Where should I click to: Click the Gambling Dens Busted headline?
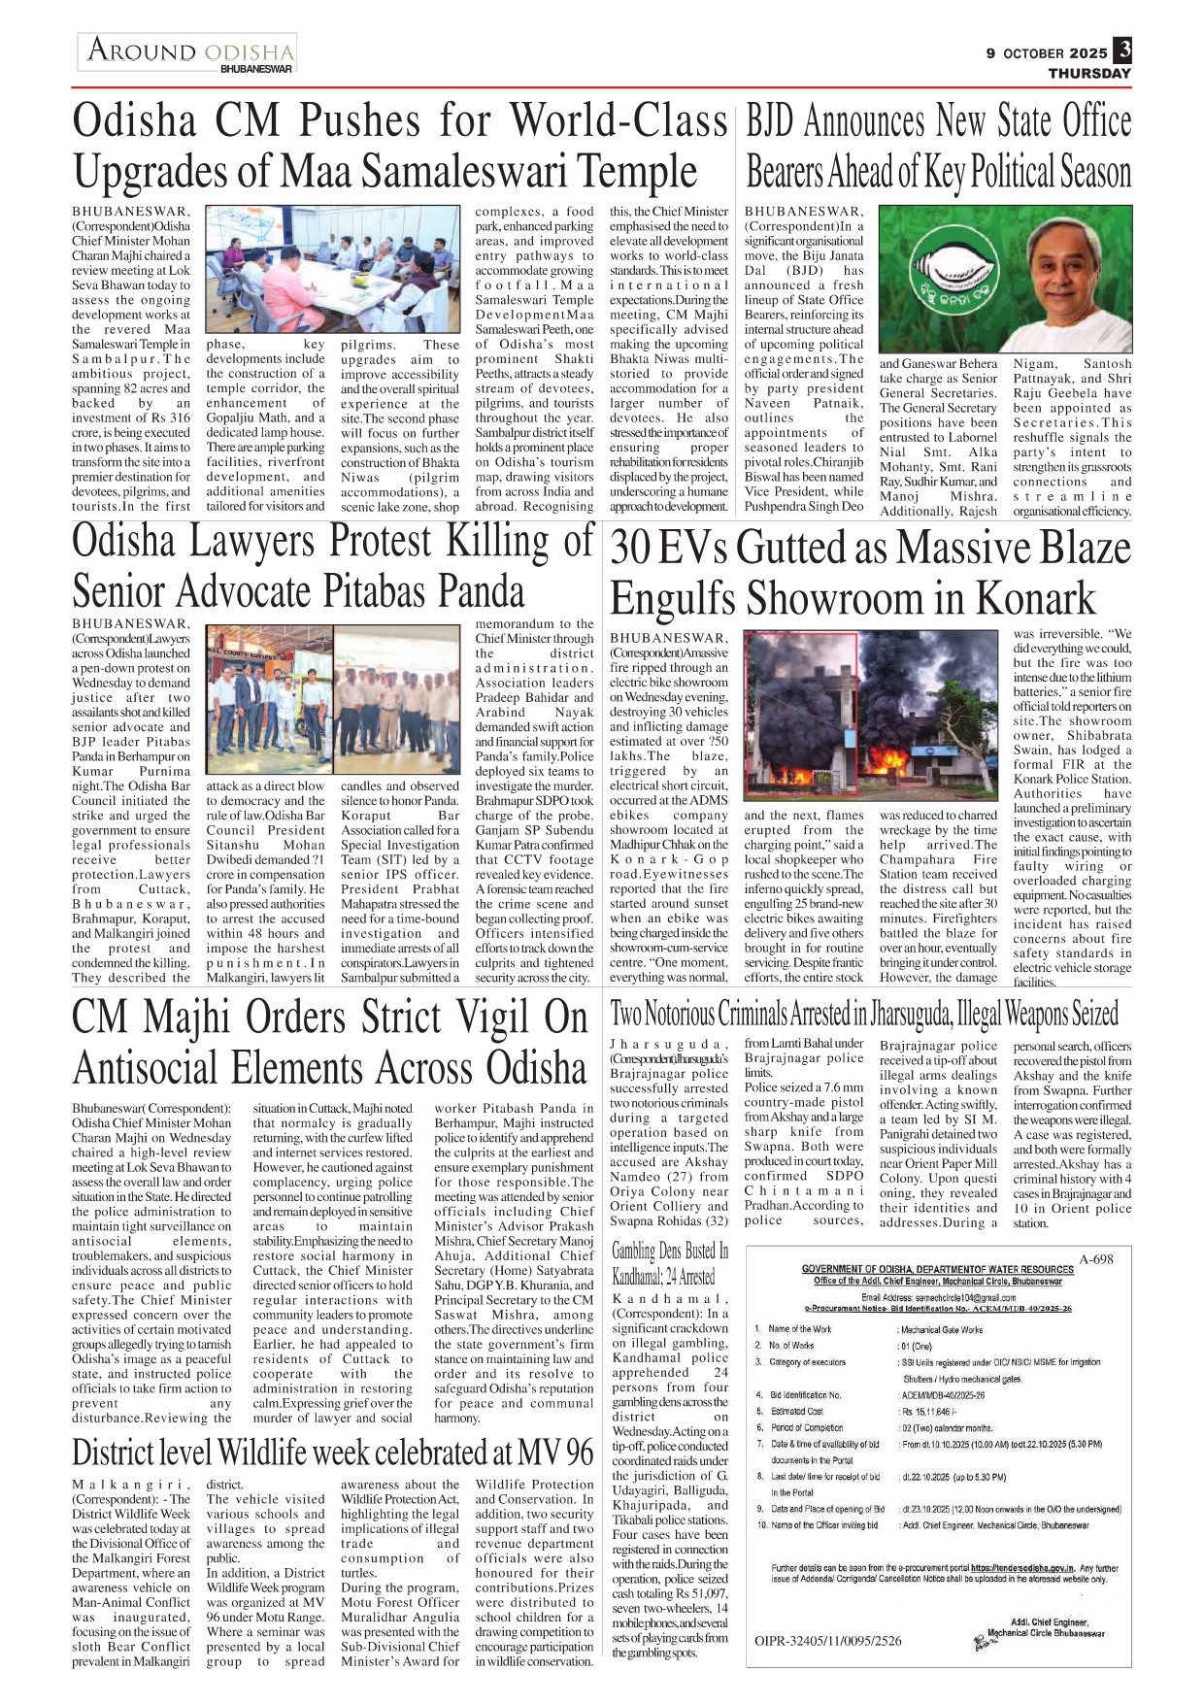669,1263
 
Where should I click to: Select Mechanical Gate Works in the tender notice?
941,1329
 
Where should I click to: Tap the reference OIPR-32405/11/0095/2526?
827,1641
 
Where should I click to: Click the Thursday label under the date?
1088,73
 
